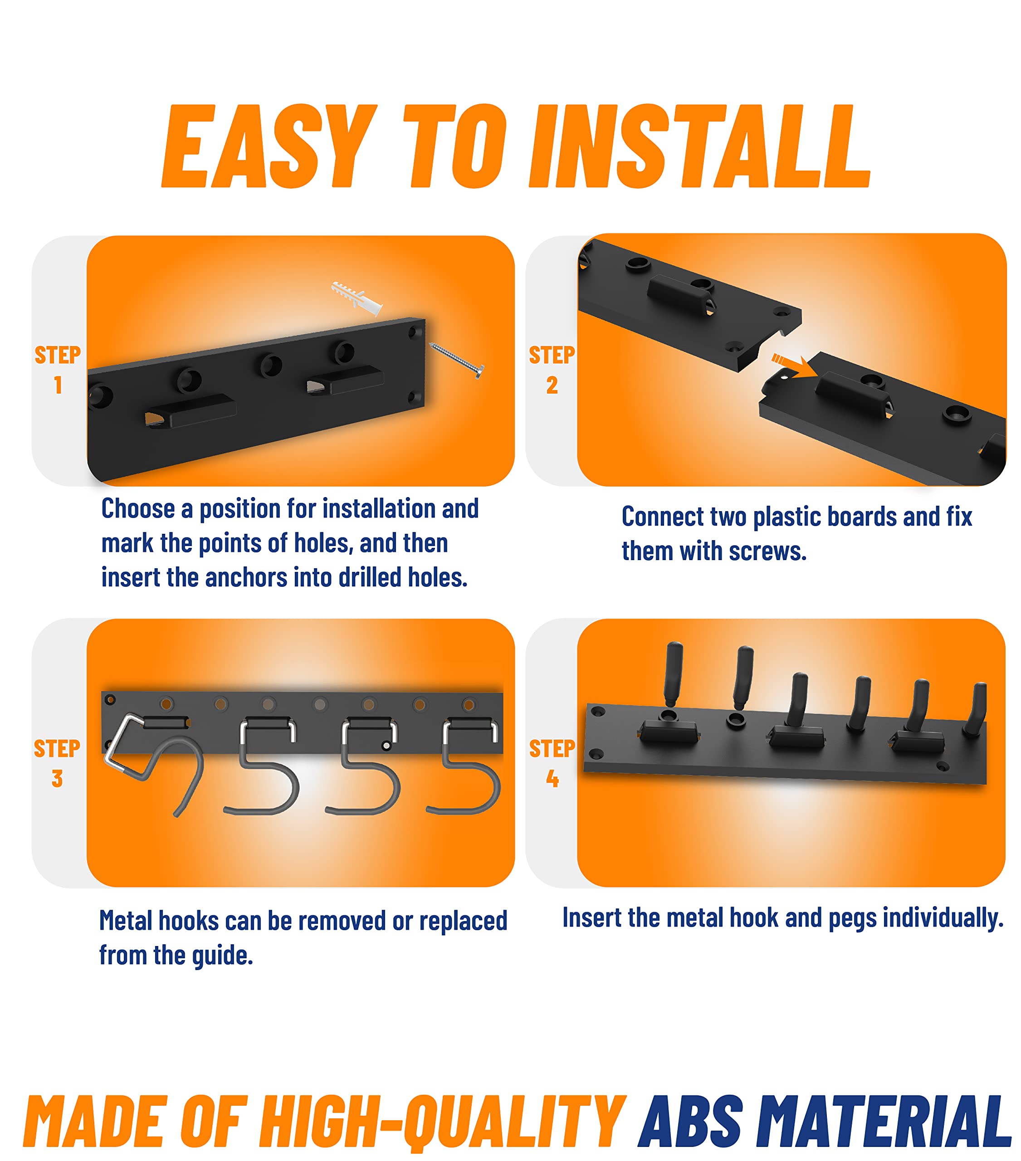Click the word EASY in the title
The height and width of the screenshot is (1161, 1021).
pos(269,146)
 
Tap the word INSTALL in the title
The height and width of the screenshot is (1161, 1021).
pos(699,146)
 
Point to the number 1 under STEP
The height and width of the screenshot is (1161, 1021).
pos(58,385)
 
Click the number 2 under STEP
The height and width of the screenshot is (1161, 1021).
pos(552,385)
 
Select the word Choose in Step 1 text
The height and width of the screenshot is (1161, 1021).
pos(138,508)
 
